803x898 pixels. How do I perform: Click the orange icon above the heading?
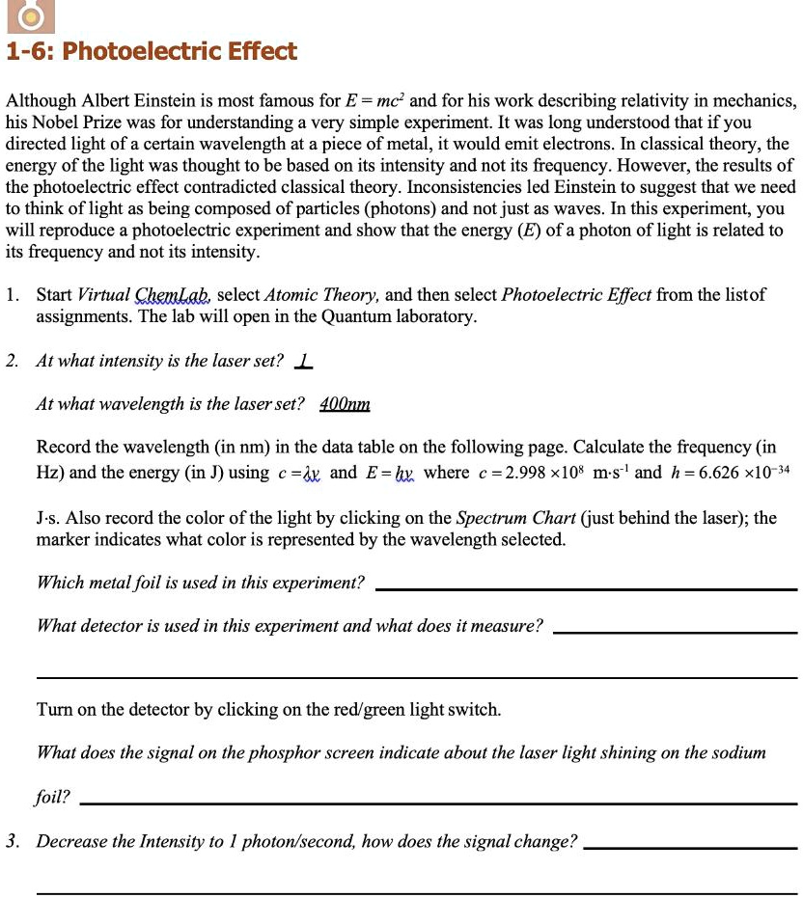click(33, 15)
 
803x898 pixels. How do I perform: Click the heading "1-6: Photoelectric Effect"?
click(152, 52)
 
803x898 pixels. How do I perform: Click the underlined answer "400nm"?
click(345, 404)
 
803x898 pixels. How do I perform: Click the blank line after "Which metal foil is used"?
click(585, 586)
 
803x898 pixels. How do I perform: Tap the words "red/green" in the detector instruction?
click(362, 710)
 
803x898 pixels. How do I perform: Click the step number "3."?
click(13, 841)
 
